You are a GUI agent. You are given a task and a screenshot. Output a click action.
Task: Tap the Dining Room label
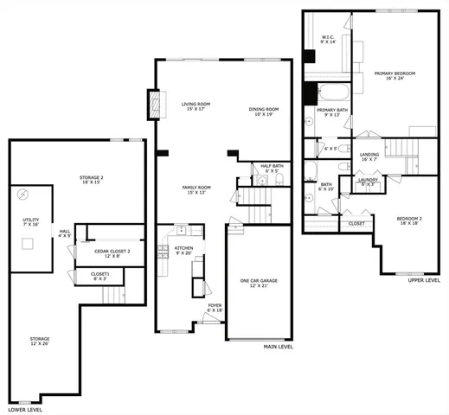(x=263, y=112)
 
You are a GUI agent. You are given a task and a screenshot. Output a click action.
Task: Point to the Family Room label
(x=196, y=189)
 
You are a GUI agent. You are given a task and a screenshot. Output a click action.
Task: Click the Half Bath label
(x=266, y=169)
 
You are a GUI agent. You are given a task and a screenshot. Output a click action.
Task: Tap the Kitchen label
(x=183, y=251)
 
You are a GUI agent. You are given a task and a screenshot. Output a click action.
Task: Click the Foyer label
(x=214, y=307)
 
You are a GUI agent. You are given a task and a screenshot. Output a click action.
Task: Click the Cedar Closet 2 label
(x=112, y=253)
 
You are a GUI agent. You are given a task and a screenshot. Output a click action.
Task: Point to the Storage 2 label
(x=92, y=179)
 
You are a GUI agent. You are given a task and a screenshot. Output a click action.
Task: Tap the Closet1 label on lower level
(x=99, y=277)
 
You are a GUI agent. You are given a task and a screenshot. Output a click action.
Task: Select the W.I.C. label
(x=328, y=40)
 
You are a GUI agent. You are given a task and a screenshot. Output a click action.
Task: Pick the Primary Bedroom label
(x=395, y=77)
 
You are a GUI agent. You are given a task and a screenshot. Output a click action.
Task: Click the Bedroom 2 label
(x=409, y=220)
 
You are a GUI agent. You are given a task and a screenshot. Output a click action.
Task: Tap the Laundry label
(x=367, y=182)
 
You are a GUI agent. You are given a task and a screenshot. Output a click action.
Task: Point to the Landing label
(x=369, y=157)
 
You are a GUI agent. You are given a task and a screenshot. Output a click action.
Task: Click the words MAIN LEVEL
(x=278, y=347)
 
